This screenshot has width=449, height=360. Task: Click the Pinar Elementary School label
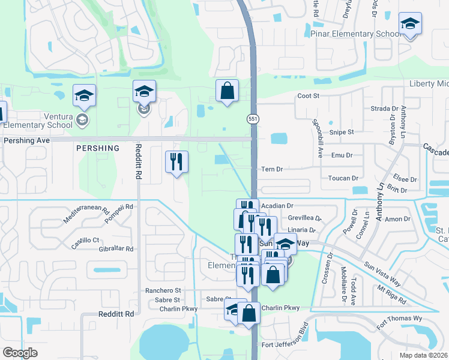355,34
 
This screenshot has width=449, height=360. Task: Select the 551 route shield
253,119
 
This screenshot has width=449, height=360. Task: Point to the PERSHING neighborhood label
98,148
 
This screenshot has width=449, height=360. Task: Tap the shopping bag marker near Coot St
228,92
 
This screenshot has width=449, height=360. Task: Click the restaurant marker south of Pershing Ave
176,163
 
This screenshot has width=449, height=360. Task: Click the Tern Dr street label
271,169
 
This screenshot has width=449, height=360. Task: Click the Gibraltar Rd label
113,248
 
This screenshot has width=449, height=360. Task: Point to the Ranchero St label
163,290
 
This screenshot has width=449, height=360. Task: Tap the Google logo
20,352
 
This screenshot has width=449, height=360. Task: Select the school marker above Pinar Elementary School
410,24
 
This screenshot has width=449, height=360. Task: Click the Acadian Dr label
277,205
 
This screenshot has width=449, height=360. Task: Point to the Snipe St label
342,131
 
